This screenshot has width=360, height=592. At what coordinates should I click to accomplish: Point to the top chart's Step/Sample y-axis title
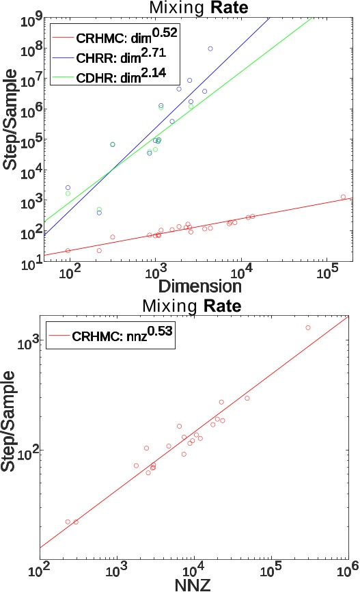point(13,133)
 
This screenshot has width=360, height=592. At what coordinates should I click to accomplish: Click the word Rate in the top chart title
point(223,8)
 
